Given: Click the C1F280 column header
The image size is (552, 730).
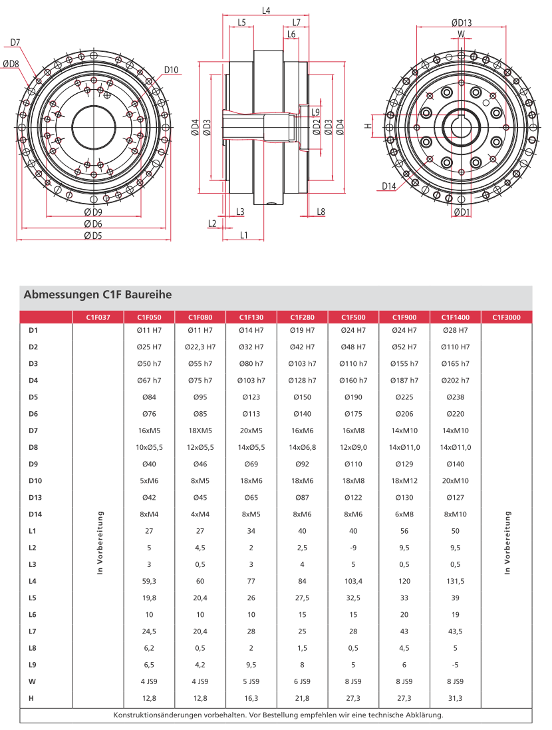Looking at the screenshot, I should tap(303, 317).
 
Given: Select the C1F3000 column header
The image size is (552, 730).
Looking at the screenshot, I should tap(507, 317).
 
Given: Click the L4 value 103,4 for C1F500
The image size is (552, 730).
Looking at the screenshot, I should tap(354, 581).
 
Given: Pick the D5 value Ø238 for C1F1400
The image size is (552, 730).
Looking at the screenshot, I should tap(456, 397).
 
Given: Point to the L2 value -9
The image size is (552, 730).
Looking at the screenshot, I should tap(354, 548).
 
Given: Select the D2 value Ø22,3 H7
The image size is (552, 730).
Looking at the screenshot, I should tap(200, 347).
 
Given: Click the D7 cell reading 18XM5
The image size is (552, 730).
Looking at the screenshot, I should tap(200, 430).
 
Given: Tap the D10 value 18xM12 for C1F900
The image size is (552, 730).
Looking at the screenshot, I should tap(404, 480).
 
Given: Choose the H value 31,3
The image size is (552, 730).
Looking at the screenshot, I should tap(456, 697).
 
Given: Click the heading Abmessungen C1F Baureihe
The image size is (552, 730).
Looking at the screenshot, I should tap(98, 293).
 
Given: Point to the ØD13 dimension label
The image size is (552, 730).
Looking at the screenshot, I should tap(460, 23).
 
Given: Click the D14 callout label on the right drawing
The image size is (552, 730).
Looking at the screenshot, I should tap(389, 186).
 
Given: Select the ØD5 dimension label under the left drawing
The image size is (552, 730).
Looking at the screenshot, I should tap(93, 235).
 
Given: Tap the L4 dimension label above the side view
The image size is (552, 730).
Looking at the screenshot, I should tap(266, 11).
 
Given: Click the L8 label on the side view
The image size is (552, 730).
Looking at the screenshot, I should tap(321, 212).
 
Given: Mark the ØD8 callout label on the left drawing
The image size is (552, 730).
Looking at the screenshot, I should tap(11, 64).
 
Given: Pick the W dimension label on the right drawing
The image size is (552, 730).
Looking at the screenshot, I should tap(460, 33).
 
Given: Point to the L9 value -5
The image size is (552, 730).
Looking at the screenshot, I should tap(456, 664).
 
